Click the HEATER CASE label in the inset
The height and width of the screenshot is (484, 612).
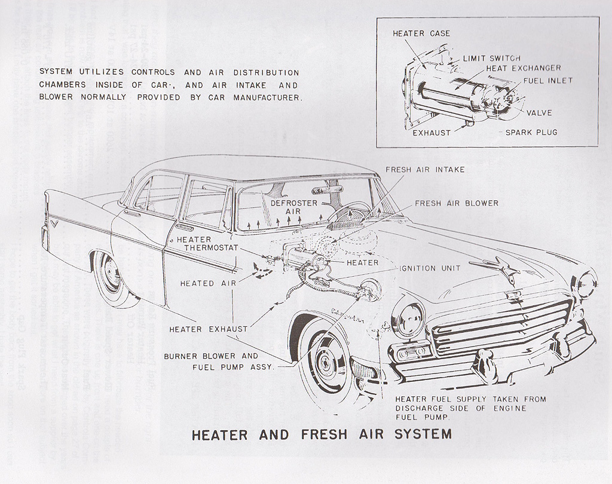click(421, 33)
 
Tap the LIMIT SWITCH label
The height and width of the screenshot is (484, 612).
click(491, 59)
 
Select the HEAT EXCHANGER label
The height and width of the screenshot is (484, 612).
click(524, 68)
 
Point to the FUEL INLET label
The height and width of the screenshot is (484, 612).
click(547, 81)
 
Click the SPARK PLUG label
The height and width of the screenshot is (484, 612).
click(531, 132)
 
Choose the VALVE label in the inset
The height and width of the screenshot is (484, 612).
click(539, 112)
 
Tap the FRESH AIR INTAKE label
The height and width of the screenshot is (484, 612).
click(425, 170)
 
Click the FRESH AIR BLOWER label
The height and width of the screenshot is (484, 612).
click(456, 203)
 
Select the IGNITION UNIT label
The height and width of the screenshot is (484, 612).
click(430, 268)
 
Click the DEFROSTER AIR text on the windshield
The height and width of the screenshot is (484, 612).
click(289, 207)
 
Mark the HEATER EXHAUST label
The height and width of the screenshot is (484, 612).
click(208, 329)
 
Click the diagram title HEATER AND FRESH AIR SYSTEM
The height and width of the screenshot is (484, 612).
click(321, 434)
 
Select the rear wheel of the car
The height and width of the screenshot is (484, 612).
click(111, 275)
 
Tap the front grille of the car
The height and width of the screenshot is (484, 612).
click(502, 326)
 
